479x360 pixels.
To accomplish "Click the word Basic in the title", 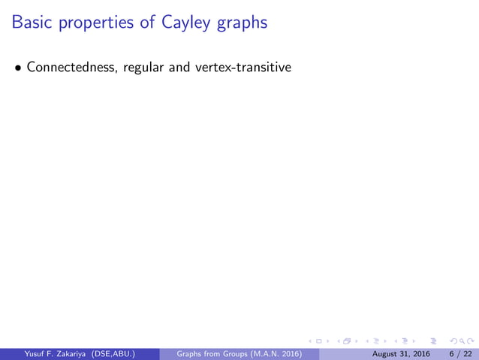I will pos(32,23).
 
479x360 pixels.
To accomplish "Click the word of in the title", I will pos(147,23).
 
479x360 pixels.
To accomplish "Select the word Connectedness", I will pos(69,68).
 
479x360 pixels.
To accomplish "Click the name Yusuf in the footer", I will pos(26,354).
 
